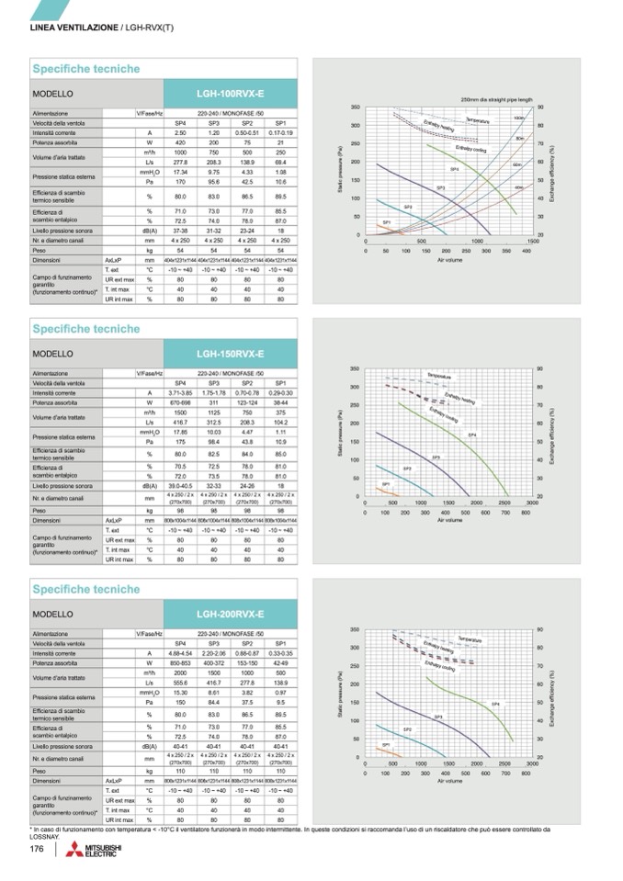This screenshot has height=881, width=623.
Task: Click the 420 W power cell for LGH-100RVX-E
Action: [181, 142]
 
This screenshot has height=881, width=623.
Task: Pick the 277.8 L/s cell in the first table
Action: [181, 161]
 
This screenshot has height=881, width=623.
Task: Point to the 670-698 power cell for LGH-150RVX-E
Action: [181, 402]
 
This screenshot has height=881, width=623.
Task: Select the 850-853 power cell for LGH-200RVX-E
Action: [181, 662]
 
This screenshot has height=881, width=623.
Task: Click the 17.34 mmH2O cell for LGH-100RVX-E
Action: [181, 171]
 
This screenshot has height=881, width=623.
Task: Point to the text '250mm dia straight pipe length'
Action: [496, 98]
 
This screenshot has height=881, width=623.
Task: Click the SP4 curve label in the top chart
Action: [454, 169]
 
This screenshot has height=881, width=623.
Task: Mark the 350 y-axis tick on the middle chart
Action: [354, 368]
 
